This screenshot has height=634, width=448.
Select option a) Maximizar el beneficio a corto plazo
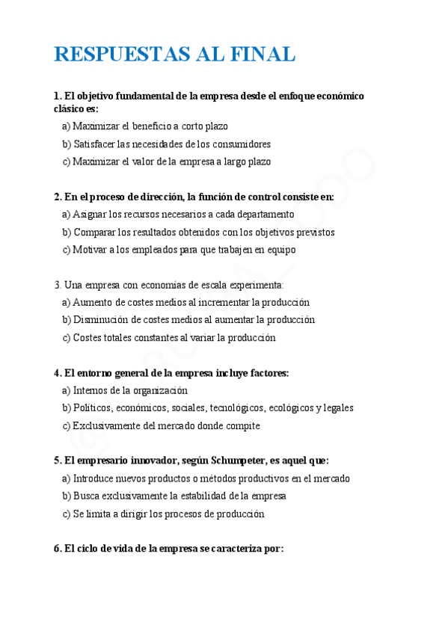[145, 126]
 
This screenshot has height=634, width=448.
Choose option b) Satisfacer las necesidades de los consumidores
[166, 144]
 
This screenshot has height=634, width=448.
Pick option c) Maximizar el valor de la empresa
[166, 161]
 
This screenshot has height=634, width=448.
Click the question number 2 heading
[194, 197]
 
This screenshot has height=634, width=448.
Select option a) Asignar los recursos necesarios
[178, 215]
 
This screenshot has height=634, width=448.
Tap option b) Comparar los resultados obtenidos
[198, 233]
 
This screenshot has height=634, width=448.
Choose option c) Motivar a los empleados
[179, 250]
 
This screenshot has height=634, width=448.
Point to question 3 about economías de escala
[168, 285]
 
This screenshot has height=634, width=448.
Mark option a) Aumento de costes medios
[185, 303]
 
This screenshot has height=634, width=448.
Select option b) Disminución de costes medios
[188, 320]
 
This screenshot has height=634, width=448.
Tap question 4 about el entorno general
[171, 373]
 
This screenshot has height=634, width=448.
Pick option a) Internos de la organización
[125, 390]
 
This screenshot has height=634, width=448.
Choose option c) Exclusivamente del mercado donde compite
[161, 426]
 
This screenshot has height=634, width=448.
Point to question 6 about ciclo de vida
[169, 549]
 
